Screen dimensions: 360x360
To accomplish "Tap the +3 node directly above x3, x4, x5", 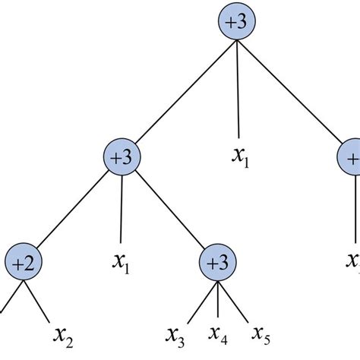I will pyautogui.click(x=219, y=262).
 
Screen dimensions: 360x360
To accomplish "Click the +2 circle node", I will pyautogui.click(x=25, y=262).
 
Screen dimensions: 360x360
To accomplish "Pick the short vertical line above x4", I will pyautogui.click(x=219, y=300).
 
